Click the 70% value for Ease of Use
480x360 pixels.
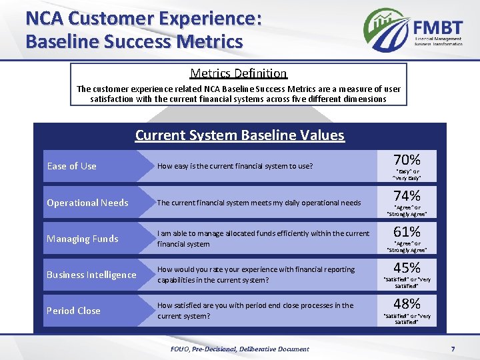(x=407, y=160)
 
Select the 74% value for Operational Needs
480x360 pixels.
(x=407, y=196)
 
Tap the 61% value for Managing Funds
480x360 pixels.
(x=407, y=232)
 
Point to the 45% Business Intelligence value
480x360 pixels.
(x=407, y=267)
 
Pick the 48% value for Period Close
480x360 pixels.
(x=407, y=303)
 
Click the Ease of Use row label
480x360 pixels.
(x=71, y=166)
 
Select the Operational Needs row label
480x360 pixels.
(x=87, y=203)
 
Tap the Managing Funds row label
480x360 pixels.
(x=82, y=239)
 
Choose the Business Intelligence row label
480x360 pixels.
(x=91, y=275)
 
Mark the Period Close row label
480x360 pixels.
(x=73, y=311)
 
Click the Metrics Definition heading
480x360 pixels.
(x=238, y=73)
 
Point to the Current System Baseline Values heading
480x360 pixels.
(x=239, y=135)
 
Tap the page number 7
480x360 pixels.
(x=453, y=349)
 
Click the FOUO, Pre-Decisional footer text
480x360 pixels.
(x=239, y=349)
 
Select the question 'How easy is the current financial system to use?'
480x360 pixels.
(x=235, y=166)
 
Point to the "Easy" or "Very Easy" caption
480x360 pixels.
(x=407, y=175)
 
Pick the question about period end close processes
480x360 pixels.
(x=255, y=311)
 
